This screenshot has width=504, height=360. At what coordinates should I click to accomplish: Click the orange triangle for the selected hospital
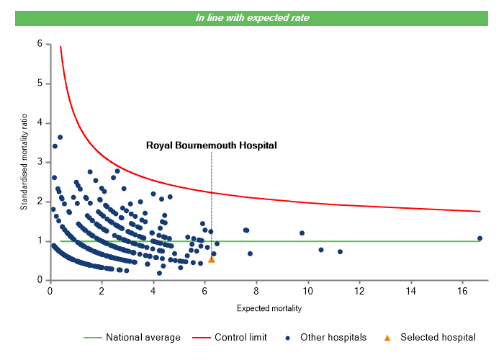tap(211, 259)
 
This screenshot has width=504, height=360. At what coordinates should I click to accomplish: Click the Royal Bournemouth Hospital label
tap(212, 145)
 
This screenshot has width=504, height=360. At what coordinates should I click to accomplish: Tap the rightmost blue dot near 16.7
tap(480, 238)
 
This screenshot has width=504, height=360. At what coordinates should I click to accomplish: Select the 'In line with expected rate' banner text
tap(252, 18)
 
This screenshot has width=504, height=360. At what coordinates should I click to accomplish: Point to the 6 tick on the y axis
tap(39, 44)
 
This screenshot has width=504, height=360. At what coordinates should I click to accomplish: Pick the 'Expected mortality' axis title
tap(269, 308)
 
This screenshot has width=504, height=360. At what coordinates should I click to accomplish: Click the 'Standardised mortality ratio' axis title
tap(24, 161)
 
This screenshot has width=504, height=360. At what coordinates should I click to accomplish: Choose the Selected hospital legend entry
tap(438, 337)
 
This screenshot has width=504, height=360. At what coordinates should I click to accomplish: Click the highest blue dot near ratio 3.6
tap(60, 137)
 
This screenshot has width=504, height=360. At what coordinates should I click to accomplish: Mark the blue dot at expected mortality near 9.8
tap(302, 233)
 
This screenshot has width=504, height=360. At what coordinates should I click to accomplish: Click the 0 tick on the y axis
tap(39, 280)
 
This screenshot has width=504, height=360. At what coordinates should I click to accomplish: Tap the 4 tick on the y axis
tap(39, 123)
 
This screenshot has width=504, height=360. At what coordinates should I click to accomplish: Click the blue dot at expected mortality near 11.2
tap(340, 251)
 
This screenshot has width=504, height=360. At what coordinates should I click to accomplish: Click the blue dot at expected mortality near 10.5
tap(321, 250)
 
